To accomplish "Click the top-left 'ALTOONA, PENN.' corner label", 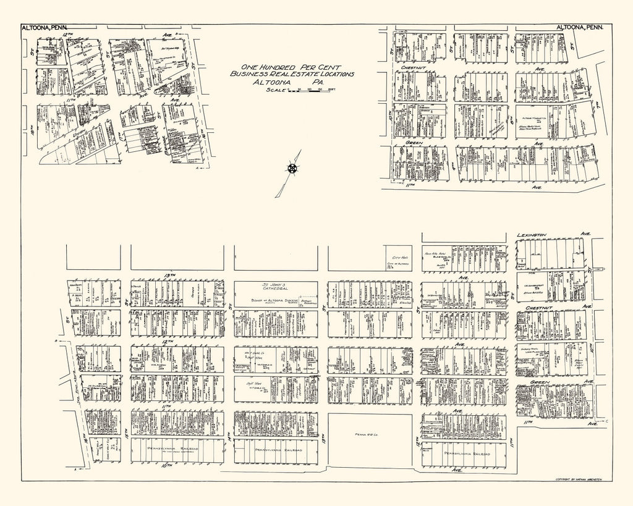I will pos(43,28).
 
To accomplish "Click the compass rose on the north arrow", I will pos(292,168).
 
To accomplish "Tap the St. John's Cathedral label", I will pos(275,289).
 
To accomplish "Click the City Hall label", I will pos(393,257).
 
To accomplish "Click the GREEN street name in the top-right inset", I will pos(413,142).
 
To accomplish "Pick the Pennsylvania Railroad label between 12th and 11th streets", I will pos(468,453).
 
